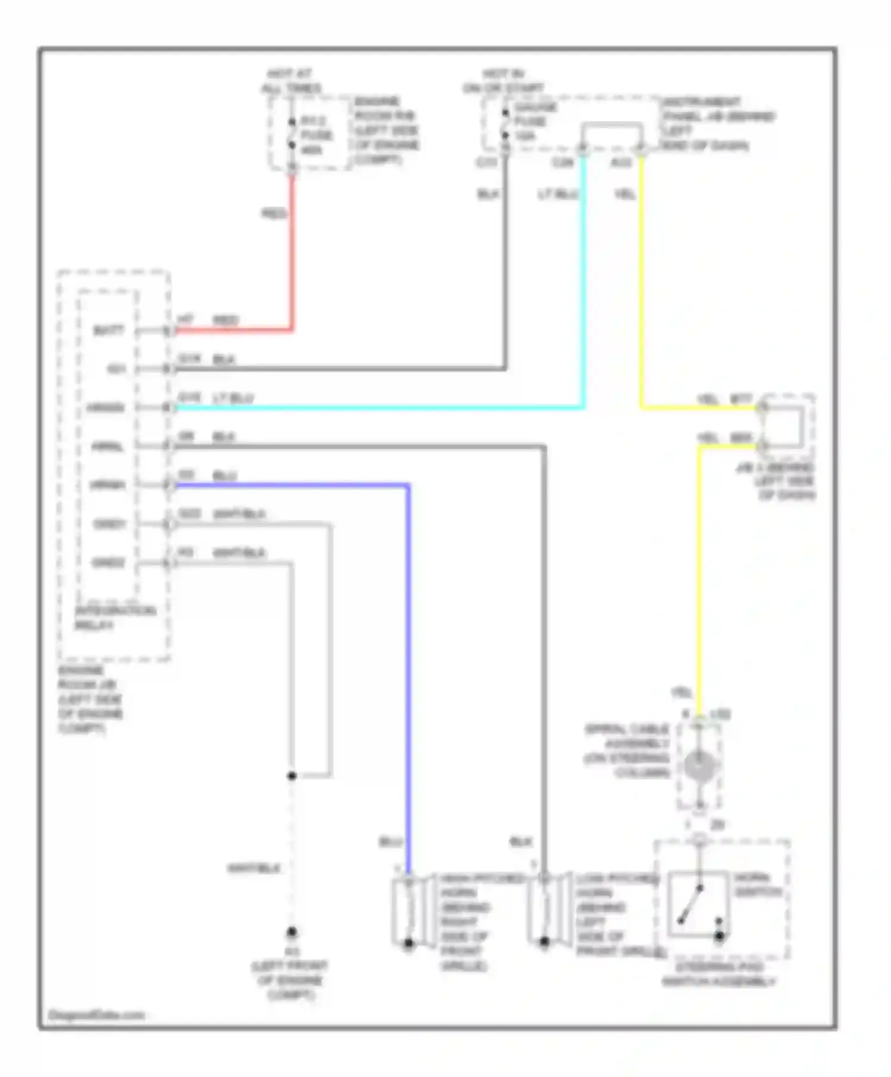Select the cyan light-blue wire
[380, 408]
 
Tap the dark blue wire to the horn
[408, 653]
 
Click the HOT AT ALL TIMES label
[290, 81]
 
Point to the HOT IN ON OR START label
[503, 81]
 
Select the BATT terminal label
[109, 330]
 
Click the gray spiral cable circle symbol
[700, 765]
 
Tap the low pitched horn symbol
[544, 908]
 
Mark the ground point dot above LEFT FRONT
[292, 932]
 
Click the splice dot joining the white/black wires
[292, 775]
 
